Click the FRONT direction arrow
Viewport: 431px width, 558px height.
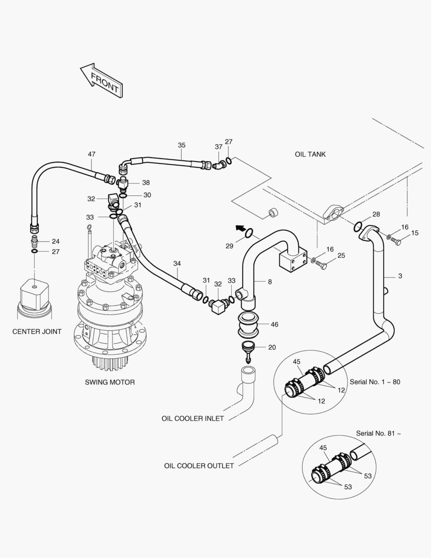(x=102, y=81)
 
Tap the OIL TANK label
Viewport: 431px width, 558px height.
(x=310, y=154)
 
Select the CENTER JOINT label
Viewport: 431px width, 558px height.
(x=37, y=332)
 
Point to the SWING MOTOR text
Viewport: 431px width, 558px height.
(x=109, y=383)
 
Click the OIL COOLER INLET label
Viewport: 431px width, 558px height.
(x=193, y=419)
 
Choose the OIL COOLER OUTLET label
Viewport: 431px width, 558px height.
(x=199, y=466)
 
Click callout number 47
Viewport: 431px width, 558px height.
(x=91, y=154)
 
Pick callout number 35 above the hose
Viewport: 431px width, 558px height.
(x=182, y=145)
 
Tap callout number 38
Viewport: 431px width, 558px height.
(x=146, y=183)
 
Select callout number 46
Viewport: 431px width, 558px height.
(x=274, y=324)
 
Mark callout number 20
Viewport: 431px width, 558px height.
(x=272, y=347)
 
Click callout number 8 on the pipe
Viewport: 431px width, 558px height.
(x=269, y=282)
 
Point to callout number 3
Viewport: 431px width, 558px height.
(x=400, y=276)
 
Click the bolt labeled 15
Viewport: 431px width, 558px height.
(x=395, y=241)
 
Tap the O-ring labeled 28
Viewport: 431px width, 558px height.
(x=358, y=226)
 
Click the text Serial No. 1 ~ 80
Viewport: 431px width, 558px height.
(x=375, y=382)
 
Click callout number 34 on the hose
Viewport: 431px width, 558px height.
(x=177, y=263)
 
